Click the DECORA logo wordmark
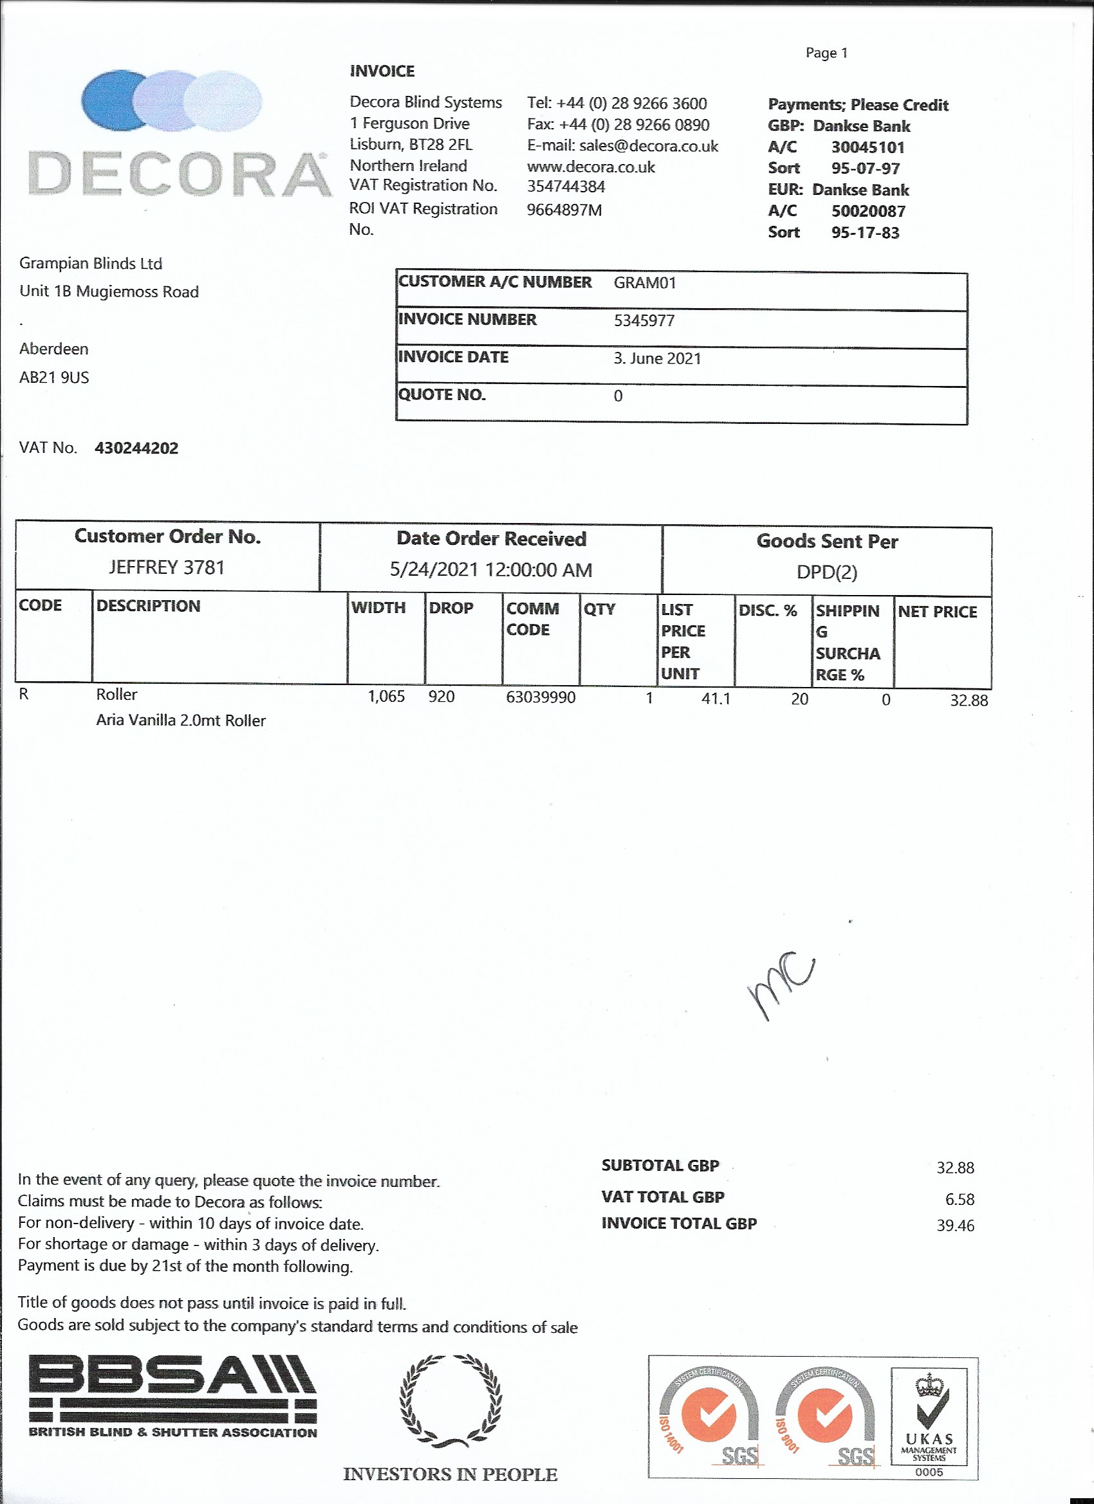point(179,174)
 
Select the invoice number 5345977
point(644,321)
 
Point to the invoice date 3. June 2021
point(657,359)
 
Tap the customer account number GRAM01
point(644,283)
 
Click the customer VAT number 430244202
point(136,448)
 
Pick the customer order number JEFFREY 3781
point(167,567)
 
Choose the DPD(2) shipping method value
point(827,573)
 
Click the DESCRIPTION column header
point(148,606)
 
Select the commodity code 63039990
point(540,697)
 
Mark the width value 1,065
point(386,696)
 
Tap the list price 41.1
point(715,699)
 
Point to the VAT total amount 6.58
point(960,1199)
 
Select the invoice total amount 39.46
point(955,1225)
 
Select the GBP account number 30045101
point(867,147)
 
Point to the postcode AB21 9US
point(54,378)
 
